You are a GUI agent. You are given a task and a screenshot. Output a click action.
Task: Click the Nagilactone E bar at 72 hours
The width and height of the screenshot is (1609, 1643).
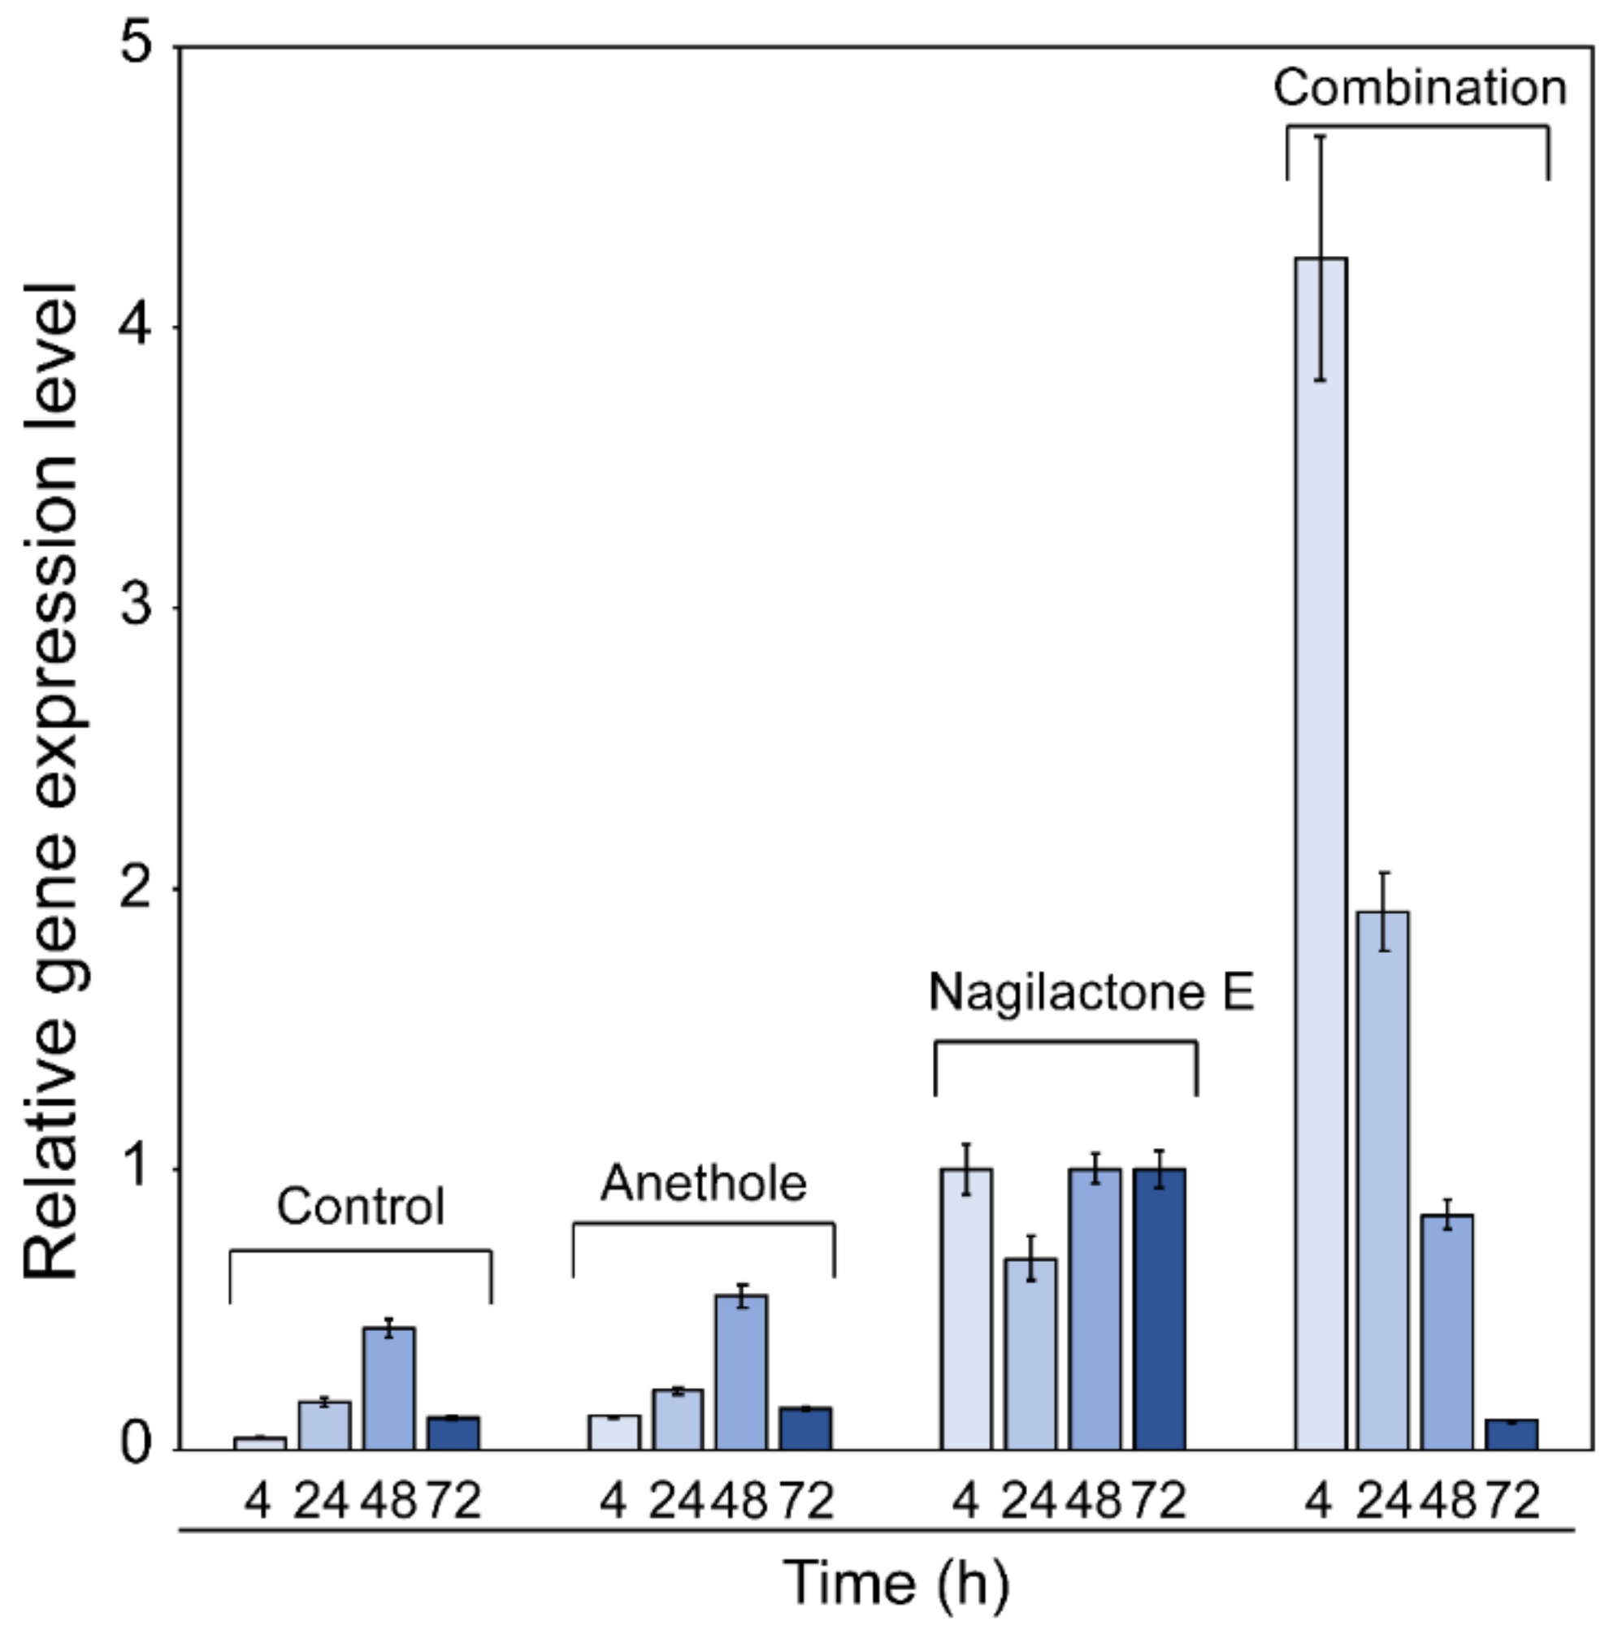click(x=1160, y=1310)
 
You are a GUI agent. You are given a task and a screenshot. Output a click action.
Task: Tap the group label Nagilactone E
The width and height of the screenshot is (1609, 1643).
click(x=1091, y=991)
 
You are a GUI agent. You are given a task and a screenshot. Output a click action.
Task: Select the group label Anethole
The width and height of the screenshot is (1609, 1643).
click(x=703, y=1182)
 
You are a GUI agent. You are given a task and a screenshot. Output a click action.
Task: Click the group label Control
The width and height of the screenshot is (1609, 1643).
click(x=361, y=1206)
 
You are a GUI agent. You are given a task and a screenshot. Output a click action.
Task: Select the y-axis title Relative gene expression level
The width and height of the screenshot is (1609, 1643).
click(x=50, y=782)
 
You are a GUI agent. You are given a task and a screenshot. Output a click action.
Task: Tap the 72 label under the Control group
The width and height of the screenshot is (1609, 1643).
click(x=454, y=1502)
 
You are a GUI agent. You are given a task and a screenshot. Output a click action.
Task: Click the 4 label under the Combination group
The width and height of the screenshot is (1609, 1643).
click(x=1319, y=1502)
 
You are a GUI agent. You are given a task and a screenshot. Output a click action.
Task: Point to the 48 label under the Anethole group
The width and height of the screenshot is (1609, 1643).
click(x=740, y=1502)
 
